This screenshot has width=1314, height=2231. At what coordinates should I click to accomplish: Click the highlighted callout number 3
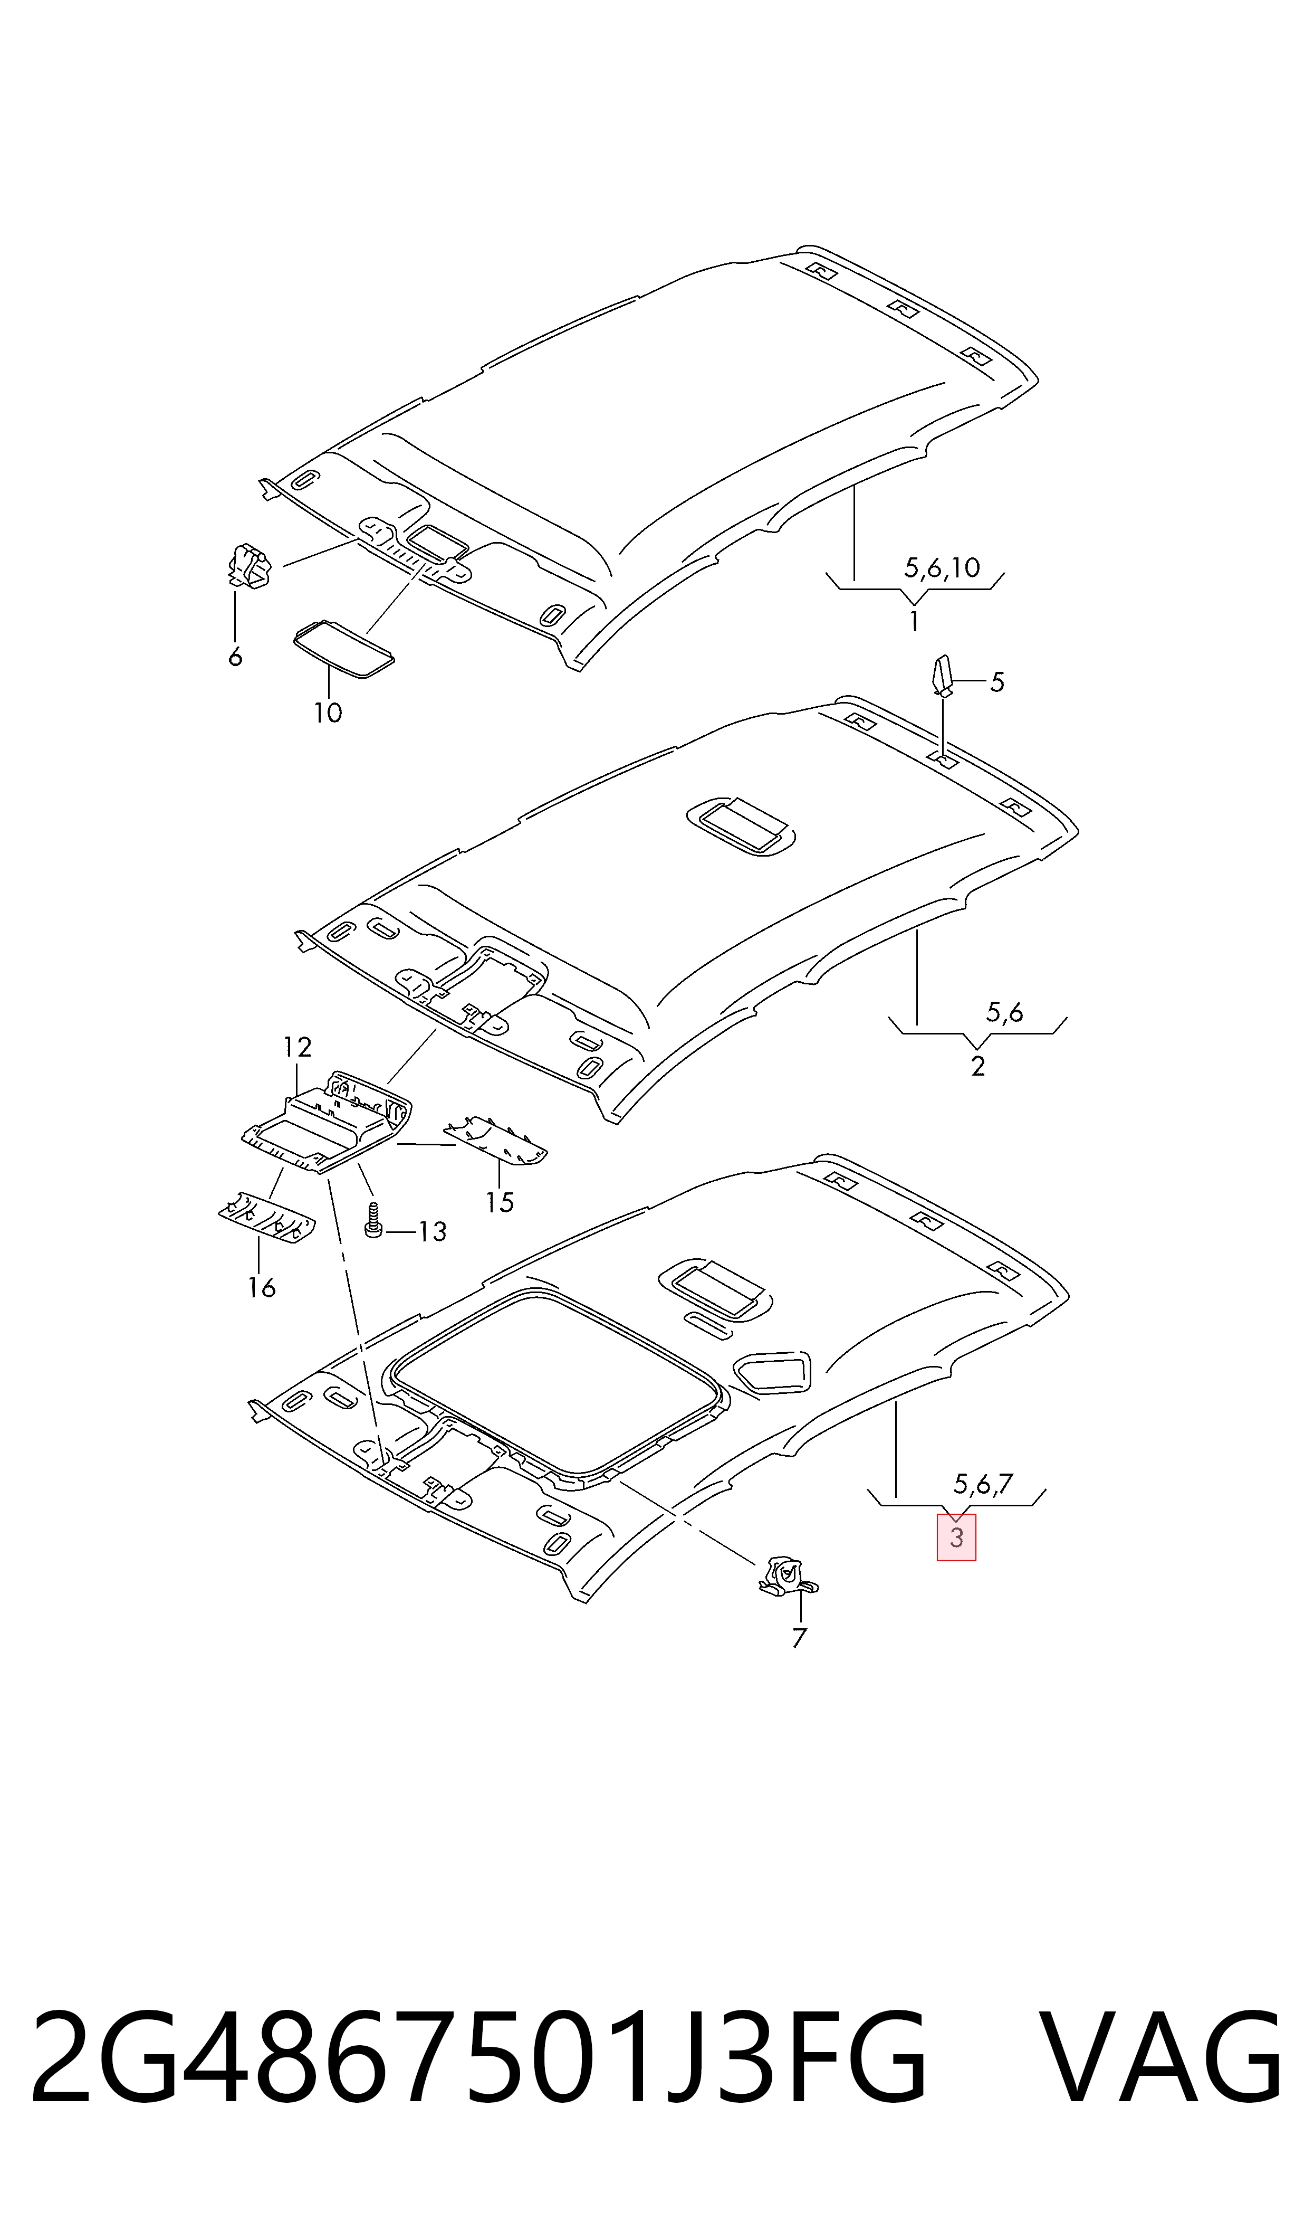[956, 1537]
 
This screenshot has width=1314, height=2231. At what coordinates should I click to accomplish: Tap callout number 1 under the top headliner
[914, 622]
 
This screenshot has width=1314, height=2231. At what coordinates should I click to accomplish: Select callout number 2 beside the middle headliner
[977, 1066]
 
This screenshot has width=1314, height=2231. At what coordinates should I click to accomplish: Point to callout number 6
[235, 656]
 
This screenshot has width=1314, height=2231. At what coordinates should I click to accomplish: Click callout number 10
[328, 712]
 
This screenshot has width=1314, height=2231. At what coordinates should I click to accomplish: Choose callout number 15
[500, 1202]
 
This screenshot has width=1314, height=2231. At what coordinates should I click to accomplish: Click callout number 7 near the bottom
[800, 1638]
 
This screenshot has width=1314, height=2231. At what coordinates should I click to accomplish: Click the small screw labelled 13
[373, 1220]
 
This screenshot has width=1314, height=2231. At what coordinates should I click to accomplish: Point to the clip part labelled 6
[249, 566]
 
